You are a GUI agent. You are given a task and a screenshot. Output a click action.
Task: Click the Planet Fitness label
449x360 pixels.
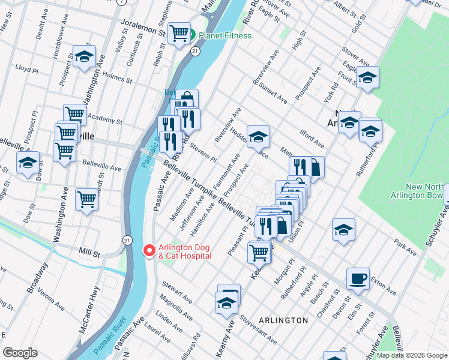click(225, 35)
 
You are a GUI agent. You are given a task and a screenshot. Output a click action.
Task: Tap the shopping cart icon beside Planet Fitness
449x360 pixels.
click(179, 34)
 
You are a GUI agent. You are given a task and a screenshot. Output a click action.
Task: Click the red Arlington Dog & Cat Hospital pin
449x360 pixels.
click(148, 250)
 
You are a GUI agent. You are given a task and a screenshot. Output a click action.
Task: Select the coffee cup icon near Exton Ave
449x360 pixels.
click(358, 278)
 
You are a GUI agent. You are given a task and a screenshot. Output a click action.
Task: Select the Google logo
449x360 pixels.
click(20, 353)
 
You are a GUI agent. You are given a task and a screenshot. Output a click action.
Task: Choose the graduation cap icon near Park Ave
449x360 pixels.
click(343, 229)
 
